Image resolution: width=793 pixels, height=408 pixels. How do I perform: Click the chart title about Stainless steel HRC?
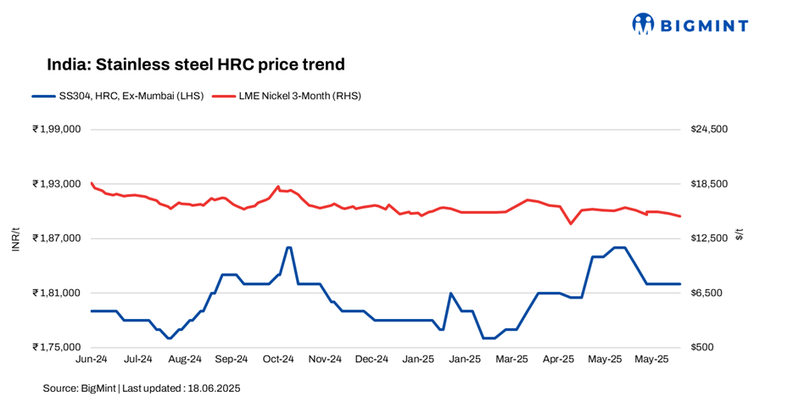[196, 64]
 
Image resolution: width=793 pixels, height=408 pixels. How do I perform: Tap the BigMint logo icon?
[644, 24]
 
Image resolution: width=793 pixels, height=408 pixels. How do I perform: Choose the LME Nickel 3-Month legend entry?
[287, 96]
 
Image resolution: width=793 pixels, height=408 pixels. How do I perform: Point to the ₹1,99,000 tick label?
[56, 129]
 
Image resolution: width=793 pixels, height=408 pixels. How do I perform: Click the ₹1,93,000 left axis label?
[56, 184]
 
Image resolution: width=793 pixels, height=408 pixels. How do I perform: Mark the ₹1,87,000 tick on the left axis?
[56, 238]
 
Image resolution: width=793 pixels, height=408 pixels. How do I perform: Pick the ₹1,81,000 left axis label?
[56, 293]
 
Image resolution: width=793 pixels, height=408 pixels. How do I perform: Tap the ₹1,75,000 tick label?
[56, 347]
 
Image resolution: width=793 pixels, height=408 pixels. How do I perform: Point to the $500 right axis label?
[702, 347]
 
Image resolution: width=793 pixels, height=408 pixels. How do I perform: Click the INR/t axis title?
[15, 238]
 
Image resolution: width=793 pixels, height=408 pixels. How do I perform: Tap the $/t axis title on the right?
[739, 235]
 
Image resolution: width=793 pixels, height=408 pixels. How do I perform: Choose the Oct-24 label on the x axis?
[278, 360]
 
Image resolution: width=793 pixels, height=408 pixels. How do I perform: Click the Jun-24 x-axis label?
[92, 360]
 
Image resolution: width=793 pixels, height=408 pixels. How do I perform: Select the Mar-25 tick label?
[511, 360]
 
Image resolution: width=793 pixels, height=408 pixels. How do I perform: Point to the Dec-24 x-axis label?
[371, 360]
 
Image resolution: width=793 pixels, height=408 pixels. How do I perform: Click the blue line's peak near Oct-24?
[289, 247]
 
